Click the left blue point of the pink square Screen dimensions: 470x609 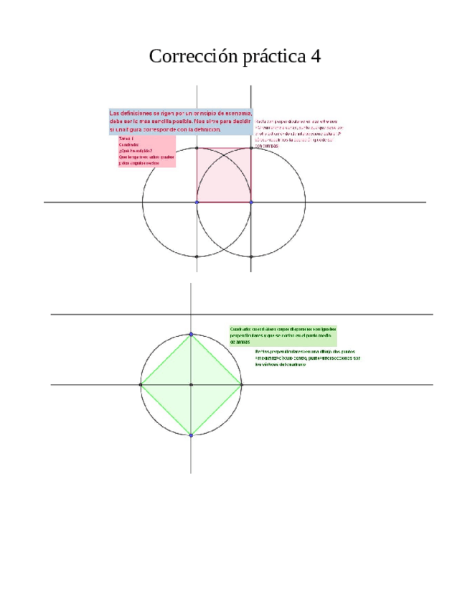(197, 203)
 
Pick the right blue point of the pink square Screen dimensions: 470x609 (251, 203)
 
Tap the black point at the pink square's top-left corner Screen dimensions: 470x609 (197, 149)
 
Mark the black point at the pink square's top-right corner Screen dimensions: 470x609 (251, 149)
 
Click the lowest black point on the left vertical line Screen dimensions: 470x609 (197, 256)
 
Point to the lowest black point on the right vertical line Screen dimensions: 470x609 (251, 256)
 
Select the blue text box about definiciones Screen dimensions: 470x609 (180, 121)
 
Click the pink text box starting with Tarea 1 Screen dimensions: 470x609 (146, 152)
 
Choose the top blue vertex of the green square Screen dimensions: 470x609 (191, 334)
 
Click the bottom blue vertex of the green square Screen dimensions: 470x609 (191, 435)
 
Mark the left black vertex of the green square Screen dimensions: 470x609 (141, 385)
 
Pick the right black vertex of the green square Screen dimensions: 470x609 (241, 385)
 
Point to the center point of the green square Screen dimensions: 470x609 (191, 385)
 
